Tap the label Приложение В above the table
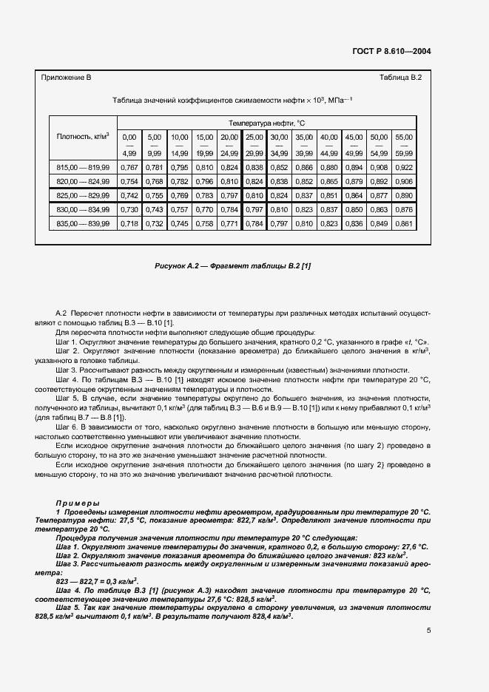point(66,78)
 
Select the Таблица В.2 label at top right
point(399,78)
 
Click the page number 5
point(429,631)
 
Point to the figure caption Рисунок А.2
point(232,265)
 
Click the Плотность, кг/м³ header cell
point(83,137)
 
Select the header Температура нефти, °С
point(266,122)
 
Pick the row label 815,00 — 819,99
point(83,168)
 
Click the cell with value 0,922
point(404,168)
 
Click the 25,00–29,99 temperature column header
point(254,145)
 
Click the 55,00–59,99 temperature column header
point(404,145)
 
